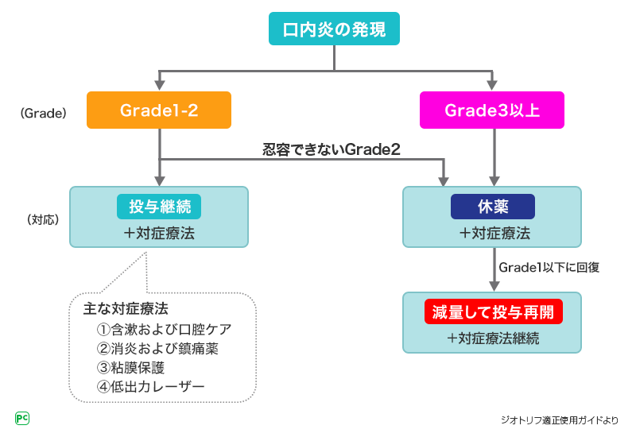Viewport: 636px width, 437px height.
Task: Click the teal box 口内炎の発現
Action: [x=334, y=30]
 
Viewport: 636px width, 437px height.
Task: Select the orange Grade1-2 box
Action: [x=159, y=110]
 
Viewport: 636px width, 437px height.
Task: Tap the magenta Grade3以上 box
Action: [x=492, y=110]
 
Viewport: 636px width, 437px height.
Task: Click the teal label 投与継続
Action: [x=159, y=207]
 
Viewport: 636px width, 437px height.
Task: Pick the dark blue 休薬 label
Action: [x=492, y=207]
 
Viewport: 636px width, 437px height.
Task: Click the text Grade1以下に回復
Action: [x=549, y=267]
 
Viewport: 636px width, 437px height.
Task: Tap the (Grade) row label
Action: [x=41, y=113]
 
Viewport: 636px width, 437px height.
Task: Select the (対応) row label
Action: [x=41, y=218]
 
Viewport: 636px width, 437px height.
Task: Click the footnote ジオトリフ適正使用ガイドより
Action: [x=559, y=420]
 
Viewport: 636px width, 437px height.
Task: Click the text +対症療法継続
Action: [x=493, y=338]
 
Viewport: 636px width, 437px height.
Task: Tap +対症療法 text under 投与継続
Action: [x=159, y=234]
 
